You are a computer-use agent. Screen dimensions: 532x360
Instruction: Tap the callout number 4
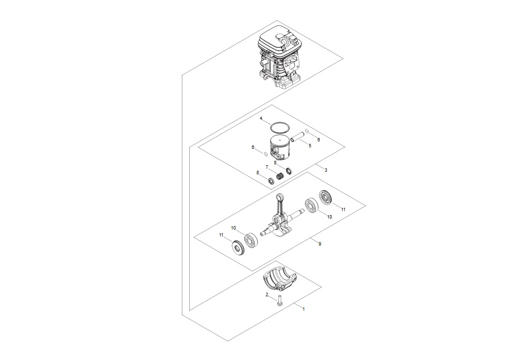coord(261,119)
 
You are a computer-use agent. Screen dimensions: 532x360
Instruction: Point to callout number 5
coord(310,145)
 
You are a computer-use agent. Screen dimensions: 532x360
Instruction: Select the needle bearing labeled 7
coord(280,177)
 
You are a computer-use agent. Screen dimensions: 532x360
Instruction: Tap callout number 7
coord(267,167)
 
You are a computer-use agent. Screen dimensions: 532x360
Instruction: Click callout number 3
coord(326,170)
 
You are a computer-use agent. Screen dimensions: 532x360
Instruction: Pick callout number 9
coord(320,243)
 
